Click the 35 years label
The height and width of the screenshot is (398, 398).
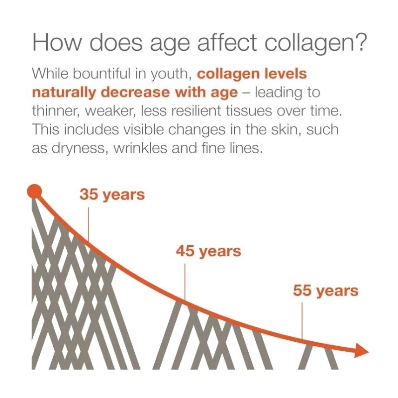tap(112, 195)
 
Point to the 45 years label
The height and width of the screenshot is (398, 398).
tap(208, 251)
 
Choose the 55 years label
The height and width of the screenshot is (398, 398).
tap(325, 291)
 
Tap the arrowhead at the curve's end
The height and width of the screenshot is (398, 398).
tap(362, 351)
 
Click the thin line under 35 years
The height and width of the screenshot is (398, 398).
tap(89, 224)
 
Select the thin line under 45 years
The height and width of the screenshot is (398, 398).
tap(185, 282)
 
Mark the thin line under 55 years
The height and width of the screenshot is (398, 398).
tap(302, 321)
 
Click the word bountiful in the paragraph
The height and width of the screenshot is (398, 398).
tap(99, 74)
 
